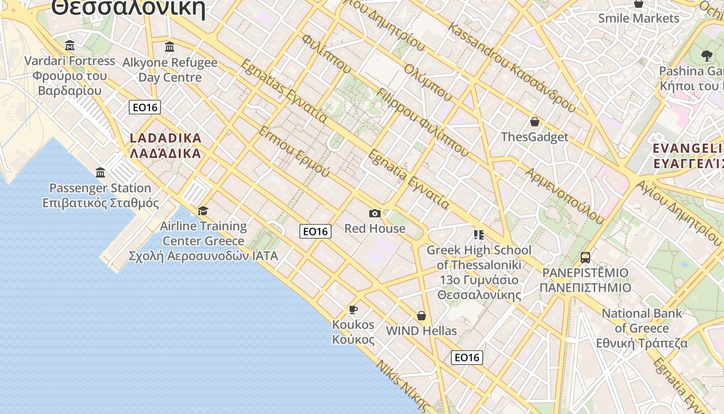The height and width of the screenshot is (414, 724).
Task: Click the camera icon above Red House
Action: (375, 213)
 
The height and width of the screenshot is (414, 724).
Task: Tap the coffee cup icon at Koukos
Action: (353, 309)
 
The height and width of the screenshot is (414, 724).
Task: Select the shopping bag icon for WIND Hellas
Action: (421, 316)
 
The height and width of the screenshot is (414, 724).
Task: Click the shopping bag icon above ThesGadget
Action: (534, 122)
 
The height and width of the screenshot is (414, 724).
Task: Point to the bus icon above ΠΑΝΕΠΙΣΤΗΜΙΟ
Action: (585, 257)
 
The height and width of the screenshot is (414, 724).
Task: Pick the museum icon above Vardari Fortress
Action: (70, 46)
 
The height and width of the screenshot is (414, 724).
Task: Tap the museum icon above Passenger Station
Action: (100, 172)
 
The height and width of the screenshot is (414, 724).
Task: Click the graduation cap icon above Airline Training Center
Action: (203, 211)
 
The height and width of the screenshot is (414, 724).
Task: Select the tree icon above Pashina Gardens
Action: (706, 55)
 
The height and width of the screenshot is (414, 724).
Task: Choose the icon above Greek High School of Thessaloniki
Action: (478, 235)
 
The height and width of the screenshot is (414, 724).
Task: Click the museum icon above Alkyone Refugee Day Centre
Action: (170, 47)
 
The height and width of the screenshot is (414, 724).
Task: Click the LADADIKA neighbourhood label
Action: (165, 146)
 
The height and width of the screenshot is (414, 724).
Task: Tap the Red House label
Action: (375, 228)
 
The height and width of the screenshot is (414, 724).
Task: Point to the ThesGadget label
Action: (534, 137)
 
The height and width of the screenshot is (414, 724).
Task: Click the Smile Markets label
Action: (639, 19)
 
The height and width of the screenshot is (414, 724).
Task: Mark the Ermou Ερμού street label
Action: (294, 151)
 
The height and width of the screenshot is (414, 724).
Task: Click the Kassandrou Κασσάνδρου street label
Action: (512, 67)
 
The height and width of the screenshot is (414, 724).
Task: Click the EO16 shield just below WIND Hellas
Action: (466, 357)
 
